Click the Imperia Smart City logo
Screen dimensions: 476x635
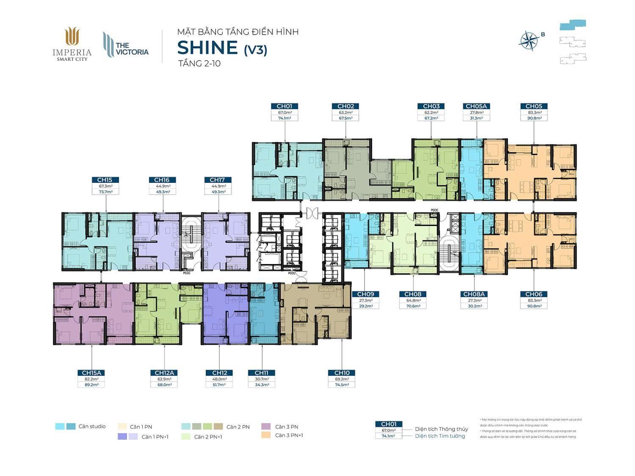point(72,44)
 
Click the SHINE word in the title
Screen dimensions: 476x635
point(207,47)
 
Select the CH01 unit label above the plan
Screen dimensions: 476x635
point(284,106)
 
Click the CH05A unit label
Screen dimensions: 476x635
point(476,106)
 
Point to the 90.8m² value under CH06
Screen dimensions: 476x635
point(533,306)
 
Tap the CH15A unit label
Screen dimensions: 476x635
point(91,373)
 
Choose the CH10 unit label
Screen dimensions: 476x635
point(342,373)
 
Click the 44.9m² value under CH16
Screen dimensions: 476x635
point(163,186)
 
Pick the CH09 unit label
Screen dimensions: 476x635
point(365,294)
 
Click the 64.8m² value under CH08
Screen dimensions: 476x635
point(413,300)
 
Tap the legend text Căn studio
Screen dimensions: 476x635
point(92,426)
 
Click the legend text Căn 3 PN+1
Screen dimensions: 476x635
point(289,435)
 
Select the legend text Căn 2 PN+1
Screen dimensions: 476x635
point(208,437)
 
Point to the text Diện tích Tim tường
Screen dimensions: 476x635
point(440,436)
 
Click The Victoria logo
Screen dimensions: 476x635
point(126,46)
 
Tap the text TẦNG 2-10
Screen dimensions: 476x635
point(199,64)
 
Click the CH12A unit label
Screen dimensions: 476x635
point(164,373)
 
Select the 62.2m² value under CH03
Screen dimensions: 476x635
point(431,113)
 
